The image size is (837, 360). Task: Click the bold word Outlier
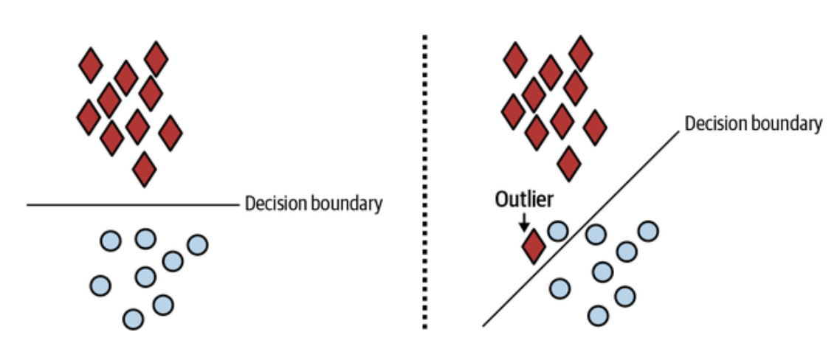tap(524, 199)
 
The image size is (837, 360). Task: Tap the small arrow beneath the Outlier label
tap(524, 222)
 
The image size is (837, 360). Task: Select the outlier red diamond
tap(533, 246)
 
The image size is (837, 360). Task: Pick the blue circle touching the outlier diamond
tap(557, 231)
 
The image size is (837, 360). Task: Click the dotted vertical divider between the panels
tap(425, 182)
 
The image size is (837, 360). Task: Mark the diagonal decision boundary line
tap(582, 228)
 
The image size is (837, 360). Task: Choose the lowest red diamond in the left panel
tap(144, 169)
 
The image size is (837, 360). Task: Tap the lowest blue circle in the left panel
tap(133, 319)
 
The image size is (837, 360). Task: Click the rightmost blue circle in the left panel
tap(197, 245)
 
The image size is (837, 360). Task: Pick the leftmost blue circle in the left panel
tap(100, 286)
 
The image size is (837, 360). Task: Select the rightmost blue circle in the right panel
tap(648, 231)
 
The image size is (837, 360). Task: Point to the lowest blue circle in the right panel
tap(598, 315)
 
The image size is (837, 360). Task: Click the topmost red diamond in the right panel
tap(580, 53)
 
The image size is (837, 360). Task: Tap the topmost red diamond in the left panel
tap(156, 59)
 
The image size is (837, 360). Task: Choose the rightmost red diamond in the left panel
tap(170, 133)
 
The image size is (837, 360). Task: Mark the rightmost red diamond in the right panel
tap(595, 128)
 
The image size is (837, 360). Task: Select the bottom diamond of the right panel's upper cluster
tap(568, 164)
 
